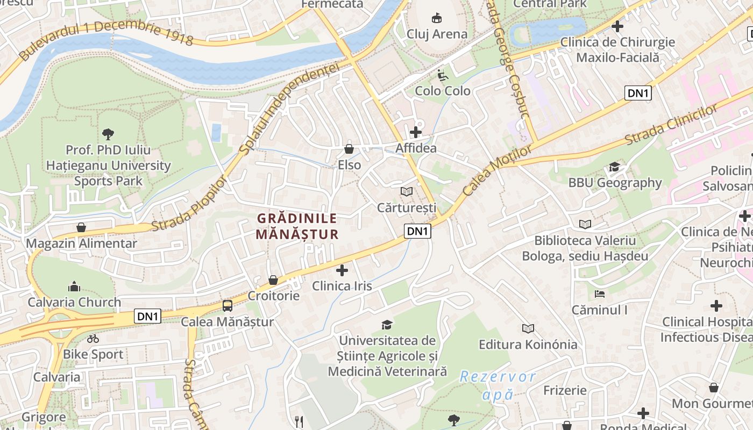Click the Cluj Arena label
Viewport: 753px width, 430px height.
point(437,34)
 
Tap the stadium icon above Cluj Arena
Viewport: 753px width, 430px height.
point(437,18)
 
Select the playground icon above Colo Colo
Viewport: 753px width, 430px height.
point(442,75)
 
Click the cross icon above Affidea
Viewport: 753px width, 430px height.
point(415,132)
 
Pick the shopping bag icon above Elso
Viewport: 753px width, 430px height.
point(349,149)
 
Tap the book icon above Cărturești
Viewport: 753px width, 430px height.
point(407,191)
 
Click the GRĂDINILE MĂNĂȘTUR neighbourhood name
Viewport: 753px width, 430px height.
point(297,226)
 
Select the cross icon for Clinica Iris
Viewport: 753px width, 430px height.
point(342,270)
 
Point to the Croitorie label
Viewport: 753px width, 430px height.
point(273,296)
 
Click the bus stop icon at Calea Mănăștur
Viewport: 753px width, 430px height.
point(228,306)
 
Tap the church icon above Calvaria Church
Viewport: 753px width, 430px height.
point(74,286)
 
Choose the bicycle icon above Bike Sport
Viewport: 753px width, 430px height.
point(93,339)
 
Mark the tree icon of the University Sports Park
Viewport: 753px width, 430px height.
point(108,133)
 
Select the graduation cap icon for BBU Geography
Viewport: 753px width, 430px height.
point(615,167)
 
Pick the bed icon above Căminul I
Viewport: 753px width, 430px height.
point(600,294)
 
